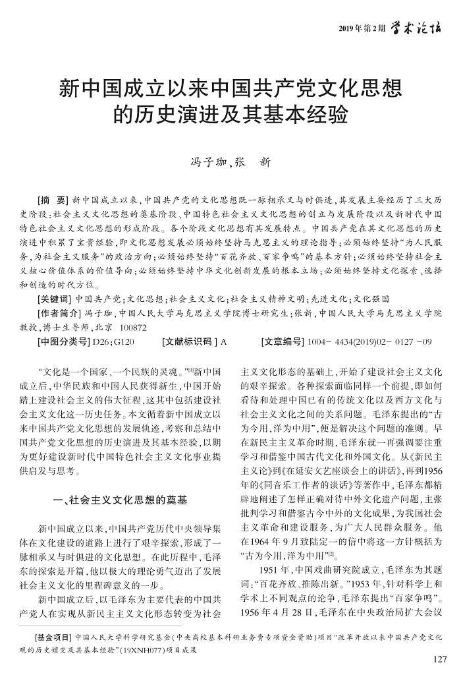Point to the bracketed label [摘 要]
[x=53, y=198]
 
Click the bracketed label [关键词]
[x=55, y=299]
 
